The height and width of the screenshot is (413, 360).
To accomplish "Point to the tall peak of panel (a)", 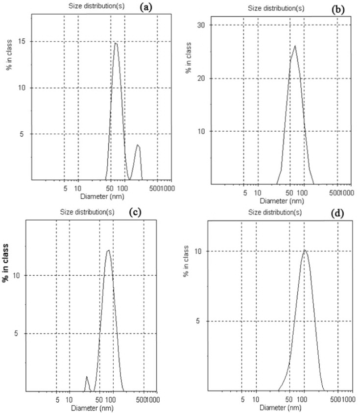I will coord(116,43).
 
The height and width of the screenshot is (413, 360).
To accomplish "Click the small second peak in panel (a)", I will coord(138,145).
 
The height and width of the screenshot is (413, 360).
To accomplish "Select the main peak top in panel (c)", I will coord(108,250).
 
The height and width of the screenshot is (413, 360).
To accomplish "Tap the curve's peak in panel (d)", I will coord(304,250).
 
